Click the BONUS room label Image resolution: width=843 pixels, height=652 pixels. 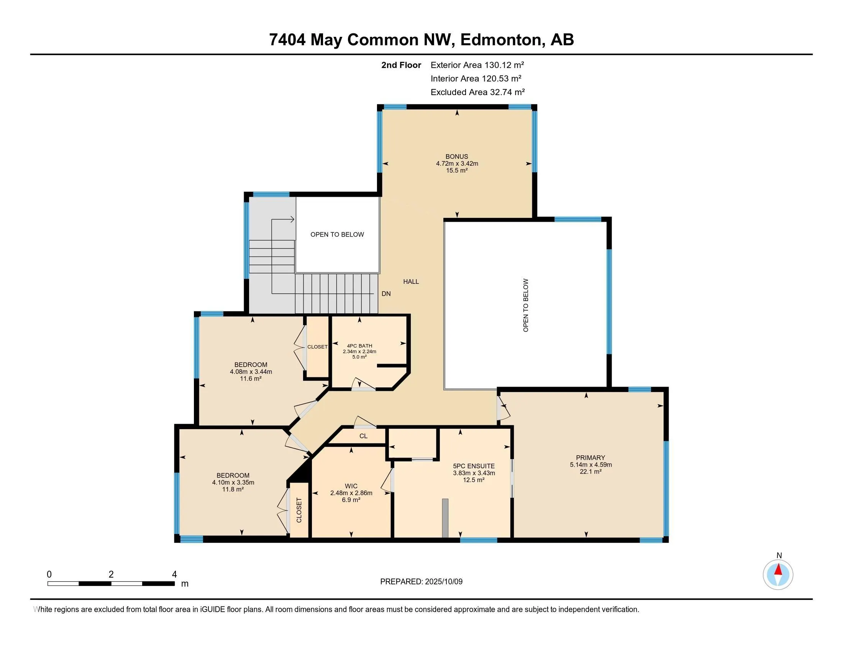point(457,156)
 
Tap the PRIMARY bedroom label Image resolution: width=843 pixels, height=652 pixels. point(590,458)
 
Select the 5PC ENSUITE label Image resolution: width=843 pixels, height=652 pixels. point(474,466)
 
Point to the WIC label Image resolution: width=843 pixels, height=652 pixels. point(351,486)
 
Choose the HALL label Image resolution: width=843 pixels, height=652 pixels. point(411,282)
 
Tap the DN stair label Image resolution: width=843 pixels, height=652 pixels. point(386,293)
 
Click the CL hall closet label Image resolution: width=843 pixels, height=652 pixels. point(363,436)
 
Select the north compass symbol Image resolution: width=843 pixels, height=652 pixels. point(778,574)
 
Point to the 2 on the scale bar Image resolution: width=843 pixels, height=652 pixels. point(111,575)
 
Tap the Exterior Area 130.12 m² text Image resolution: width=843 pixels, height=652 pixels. point(477,65)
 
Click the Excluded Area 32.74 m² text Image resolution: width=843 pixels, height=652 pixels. point(477,92)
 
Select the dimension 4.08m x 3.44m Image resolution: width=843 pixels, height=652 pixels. point(251,372)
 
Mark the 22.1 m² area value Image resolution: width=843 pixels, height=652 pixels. point(590,472)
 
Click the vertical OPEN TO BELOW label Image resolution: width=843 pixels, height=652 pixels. point(525,305)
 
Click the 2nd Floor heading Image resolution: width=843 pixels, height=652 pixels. point(401,65)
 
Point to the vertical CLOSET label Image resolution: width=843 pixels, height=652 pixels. point(299,510)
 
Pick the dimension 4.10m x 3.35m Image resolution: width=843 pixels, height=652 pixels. point(233,482)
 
